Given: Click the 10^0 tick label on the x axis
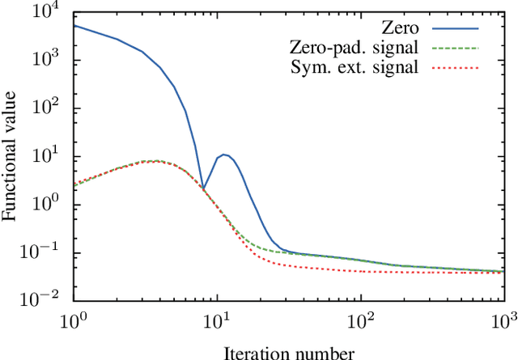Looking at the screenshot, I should coord(74,322).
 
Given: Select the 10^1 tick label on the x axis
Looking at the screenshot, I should coord(217,322).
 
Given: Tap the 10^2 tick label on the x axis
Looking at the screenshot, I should coord(360,322).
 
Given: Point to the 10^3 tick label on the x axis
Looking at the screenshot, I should coord(503,322).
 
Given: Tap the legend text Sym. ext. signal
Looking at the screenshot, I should coord(354,67).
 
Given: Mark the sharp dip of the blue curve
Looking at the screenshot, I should coord(203,188).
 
